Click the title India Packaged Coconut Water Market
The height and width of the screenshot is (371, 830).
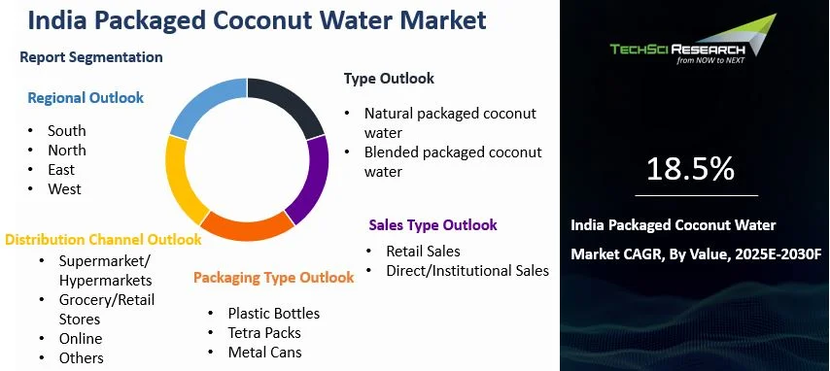coord(258,20)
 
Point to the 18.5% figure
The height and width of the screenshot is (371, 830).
coord(691,169)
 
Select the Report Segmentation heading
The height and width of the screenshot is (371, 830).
coord(91,57)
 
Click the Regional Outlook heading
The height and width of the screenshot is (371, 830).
coord(86,98)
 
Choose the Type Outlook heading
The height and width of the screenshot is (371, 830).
coord(389,79)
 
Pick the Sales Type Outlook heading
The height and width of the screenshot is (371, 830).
coord(432,225)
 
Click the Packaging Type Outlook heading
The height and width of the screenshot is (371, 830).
coord(273,278)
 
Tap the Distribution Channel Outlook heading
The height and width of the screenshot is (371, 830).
coord(103,239)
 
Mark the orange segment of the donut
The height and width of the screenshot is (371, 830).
coord(246,224)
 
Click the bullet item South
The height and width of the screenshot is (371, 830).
coord(67,130)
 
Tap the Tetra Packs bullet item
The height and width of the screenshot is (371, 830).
coord(263,333)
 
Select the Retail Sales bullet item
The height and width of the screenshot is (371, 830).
coord(423,251)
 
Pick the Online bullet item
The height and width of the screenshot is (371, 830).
coord(80,338)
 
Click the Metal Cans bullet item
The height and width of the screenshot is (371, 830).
coord(264,353)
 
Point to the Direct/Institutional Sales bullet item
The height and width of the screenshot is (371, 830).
coord(467,270)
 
